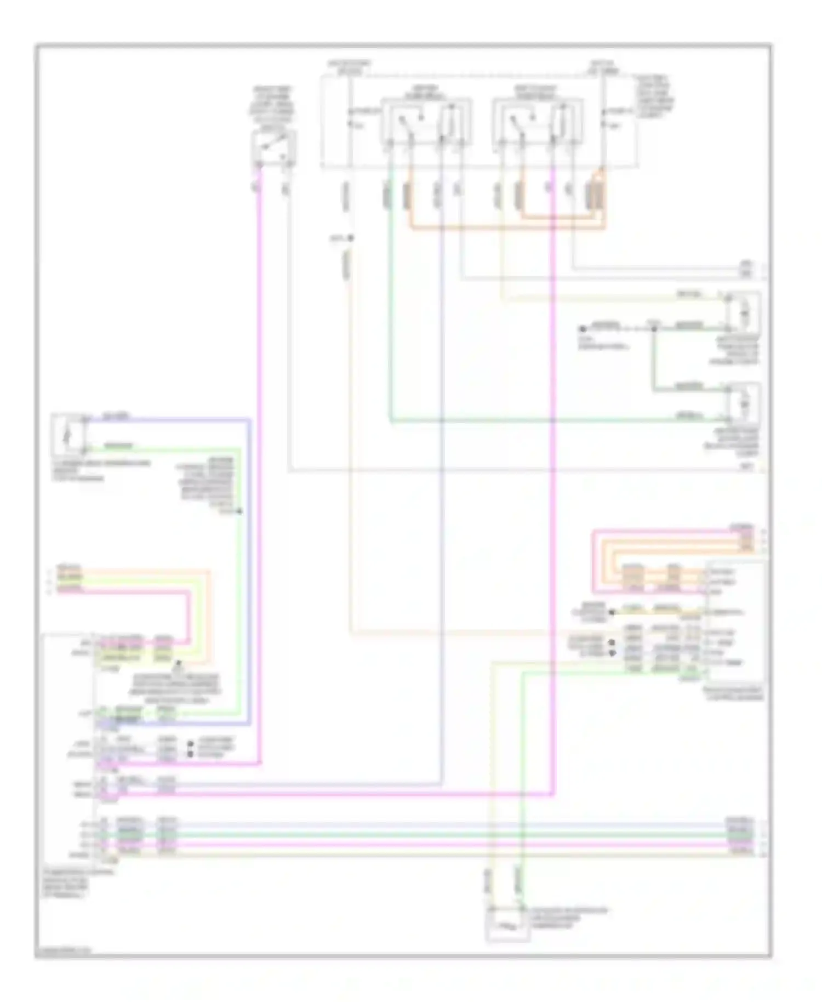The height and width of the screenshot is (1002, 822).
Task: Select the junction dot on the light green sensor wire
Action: click(239, 511)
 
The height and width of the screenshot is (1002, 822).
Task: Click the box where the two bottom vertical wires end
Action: click(507, 924)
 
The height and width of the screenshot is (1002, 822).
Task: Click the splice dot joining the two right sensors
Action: click(654, 328)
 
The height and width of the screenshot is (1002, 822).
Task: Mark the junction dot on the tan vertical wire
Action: click(351, 238)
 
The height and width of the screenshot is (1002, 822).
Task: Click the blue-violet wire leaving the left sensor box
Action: click(164, 419)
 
